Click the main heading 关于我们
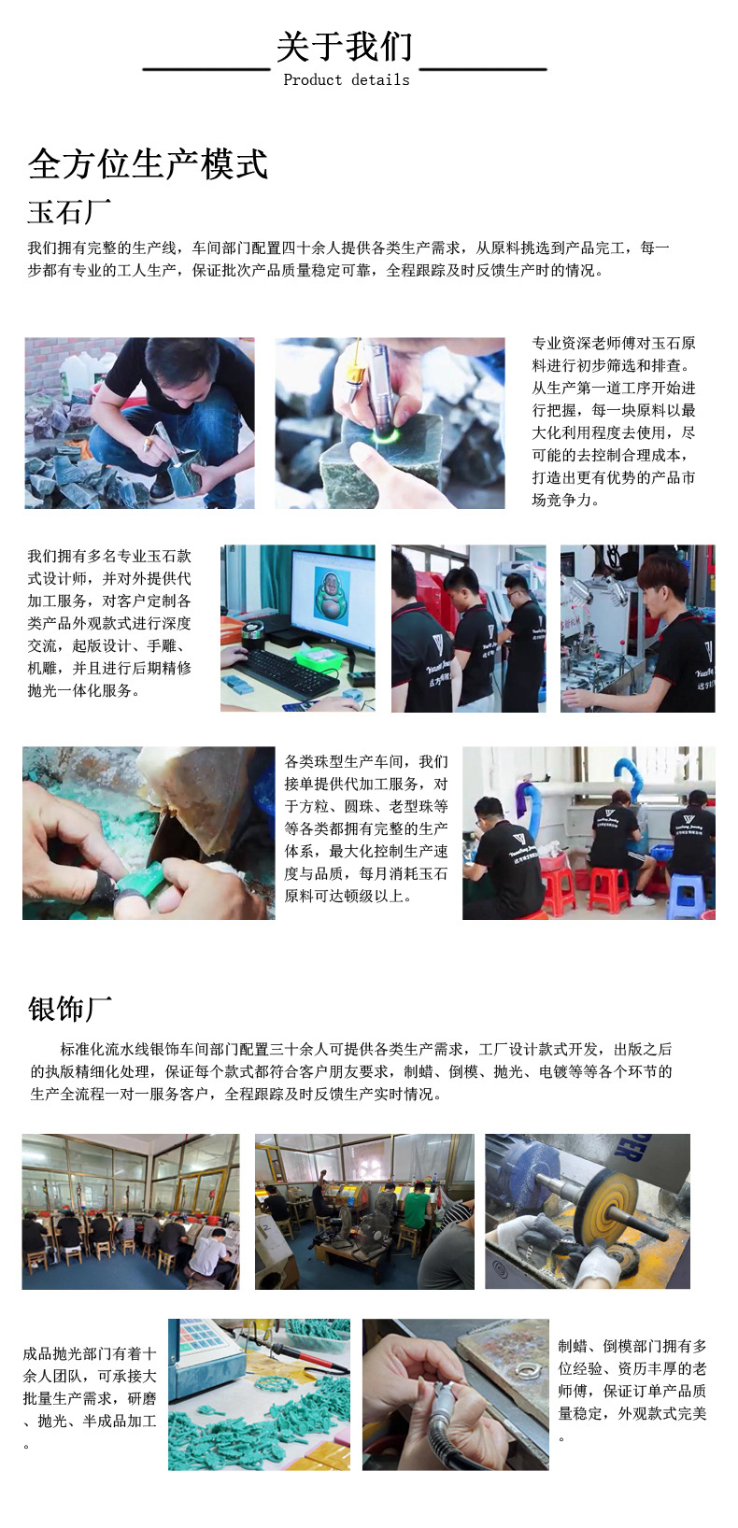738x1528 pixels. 344,47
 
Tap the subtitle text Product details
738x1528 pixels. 346,80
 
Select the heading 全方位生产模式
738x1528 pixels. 148,164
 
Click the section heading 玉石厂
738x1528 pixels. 69,212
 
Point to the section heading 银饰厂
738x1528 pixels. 69,1009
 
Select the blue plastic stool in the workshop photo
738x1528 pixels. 685,896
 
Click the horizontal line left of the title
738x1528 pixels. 206,69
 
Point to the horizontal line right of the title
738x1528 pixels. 483,69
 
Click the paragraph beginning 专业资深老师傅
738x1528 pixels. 614,420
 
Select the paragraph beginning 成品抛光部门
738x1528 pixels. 90,1397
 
